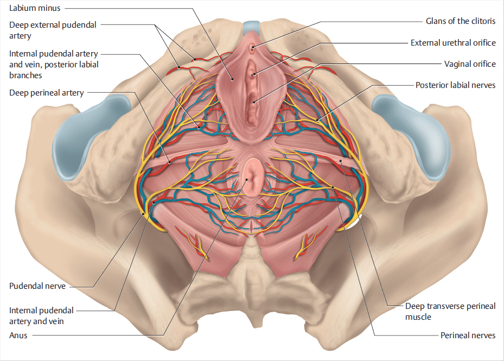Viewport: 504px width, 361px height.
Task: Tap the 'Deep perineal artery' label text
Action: [46, 93]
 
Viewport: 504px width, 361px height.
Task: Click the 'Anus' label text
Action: [18, 335]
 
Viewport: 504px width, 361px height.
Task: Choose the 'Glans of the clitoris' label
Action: [461, 21]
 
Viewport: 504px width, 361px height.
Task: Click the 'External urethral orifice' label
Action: [453, 42]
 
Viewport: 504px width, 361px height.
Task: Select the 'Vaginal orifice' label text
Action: [470, 64]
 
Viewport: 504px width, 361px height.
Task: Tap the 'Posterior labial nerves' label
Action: [455, 85]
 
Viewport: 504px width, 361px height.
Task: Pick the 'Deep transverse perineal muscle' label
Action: [450, 311]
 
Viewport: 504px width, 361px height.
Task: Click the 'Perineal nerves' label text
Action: [468, 335]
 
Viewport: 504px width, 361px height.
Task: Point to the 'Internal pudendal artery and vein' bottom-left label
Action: [41, 315]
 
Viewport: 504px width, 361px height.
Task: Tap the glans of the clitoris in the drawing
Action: [252, 49]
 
